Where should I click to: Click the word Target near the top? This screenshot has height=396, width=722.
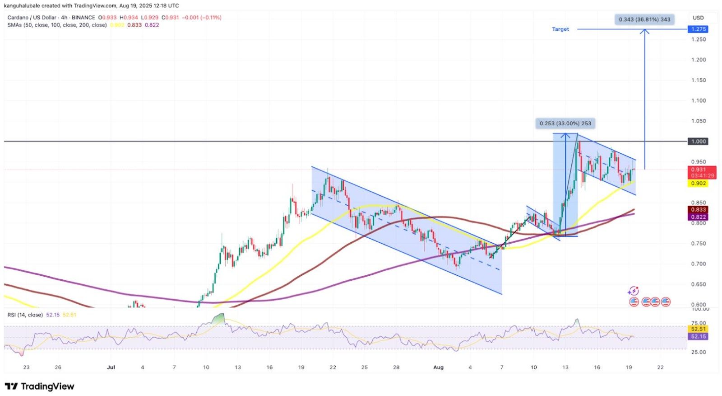click(560, 29)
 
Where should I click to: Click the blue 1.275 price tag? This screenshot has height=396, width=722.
click(698, 29)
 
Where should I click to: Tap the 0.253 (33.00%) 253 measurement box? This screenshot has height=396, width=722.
click(565, 123)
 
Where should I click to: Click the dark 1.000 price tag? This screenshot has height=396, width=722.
click(698, 141)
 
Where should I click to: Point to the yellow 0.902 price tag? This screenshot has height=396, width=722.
click(698, 183)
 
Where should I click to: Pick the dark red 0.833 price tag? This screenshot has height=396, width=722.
click(698, 210)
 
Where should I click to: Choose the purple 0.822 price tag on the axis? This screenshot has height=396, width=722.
click(698, 217)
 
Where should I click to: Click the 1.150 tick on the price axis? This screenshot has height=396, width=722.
click(699, 80)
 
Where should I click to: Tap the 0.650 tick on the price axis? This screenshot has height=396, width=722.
click(699, 284)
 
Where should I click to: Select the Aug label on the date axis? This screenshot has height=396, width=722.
click(438, 367)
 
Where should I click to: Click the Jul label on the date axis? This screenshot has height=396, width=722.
click(111, 367)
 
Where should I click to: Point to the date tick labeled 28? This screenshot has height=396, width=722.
click(396, 367)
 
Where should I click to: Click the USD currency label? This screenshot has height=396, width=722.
click(698, 18)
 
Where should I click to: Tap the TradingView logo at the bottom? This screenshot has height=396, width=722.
click(39, 387)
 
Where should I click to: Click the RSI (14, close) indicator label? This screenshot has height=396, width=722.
click(25, 315)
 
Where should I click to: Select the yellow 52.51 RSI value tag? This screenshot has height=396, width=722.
click(698, 329)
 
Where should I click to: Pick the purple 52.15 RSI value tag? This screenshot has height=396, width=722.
click(698, 336)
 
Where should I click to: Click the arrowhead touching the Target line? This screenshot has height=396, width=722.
click(644, 31)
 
